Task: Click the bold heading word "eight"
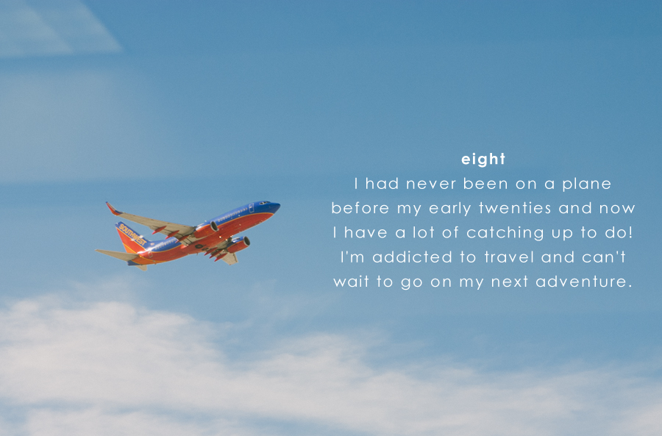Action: (x=483, y=160)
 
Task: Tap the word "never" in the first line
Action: (x=431, y=185)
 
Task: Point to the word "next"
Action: (x=510, y=282)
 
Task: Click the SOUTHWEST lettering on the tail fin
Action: (x=132, y=235)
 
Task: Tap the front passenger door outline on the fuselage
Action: (x=252, y=208)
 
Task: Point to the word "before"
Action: (x=360, y=208)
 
